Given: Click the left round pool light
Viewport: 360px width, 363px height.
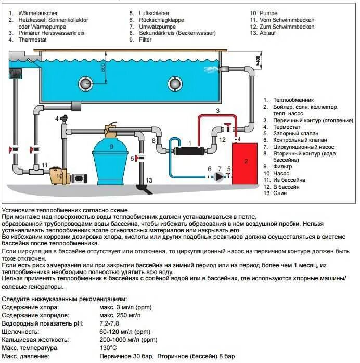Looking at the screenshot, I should point(85,83).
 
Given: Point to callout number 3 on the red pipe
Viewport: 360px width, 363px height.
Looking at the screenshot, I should point(218,111).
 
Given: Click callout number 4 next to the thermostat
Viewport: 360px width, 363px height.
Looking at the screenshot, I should point(57,119).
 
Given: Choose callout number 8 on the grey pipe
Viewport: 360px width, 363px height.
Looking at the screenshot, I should point(153,140).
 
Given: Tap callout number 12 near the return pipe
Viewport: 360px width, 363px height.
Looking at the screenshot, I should point(222,139).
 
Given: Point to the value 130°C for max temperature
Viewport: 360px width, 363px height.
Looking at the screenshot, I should point(108,347).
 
